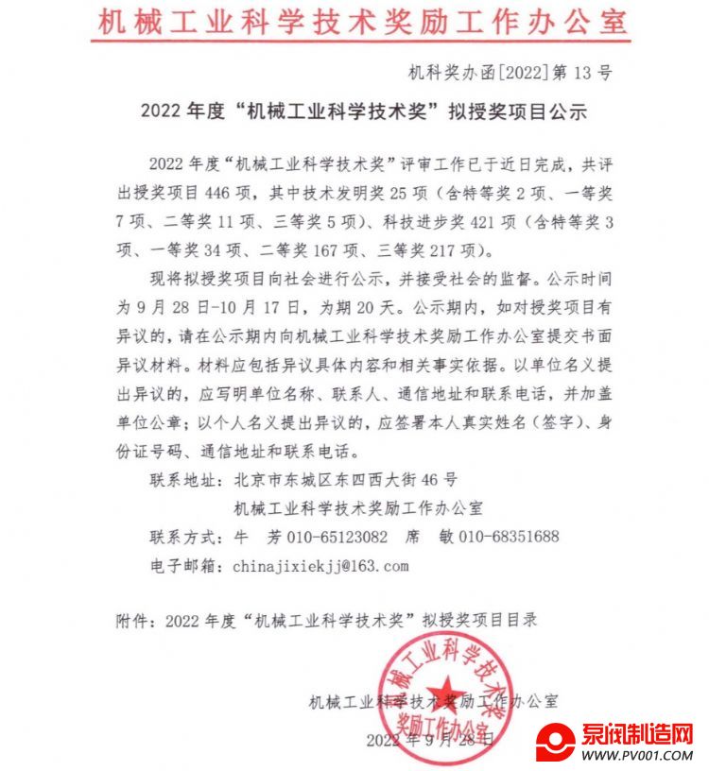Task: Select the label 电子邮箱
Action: [x=183, y=565]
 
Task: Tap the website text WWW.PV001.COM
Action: [x=637, y=756]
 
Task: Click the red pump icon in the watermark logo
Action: [x=556, y=743]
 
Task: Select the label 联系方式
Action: [x=183, y=537]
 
